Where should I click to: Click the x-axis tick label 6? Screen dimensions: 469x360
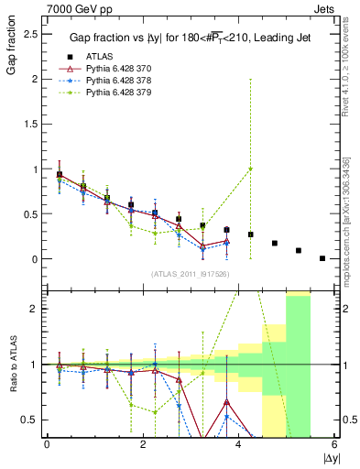pos(334,444)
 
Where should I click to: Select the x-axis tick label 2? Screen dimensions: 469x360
pos(143,444)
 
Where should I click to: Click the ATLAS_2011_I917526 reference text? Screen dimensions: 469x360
pos(190,274)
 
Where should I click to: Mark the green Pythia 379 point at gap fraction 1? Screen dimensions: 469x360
pos(250,169)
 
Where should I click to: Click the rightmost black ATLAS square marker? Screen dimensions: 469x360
pos(322,258)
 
